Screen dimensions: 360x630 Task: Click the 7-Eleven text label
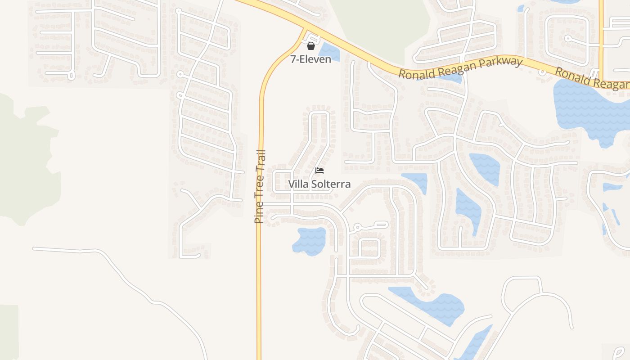[x=310, y=59]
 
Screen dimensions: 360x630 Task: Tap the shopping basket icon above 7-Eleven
[x=310, y=46]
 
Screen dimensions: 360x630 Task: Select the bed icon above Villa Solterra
[x=319, y=170]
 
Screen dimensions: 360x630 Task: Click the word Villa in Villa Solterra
[x=297, y=184]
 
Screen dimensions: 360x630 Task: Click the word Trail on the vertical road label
[x=261, y=162]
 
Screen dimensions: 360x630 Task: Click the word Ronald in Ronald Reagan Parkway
[x=417, y=73]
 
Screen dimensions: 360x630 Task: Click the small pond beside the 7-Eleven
[x=329, y=51]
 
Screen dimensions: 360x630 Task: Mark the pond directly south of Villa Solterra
[x=309, y=240]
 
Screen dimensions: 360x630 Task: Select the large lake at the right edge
[x=589, y=108]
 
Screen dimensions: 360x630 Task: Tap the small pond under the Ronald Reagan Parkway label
[x=450, y=79]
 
